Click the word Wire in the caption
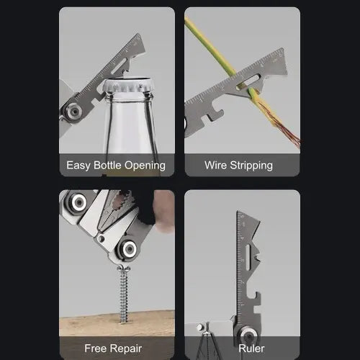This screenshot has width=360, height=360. tap(216, 165)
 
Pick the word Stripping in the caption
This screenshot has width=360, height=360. tap(251, 165)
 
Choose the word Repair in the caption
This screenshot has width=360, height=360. tap(131, 348)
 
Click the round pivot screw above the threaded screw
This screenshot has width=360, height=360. tap(129, 250)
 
